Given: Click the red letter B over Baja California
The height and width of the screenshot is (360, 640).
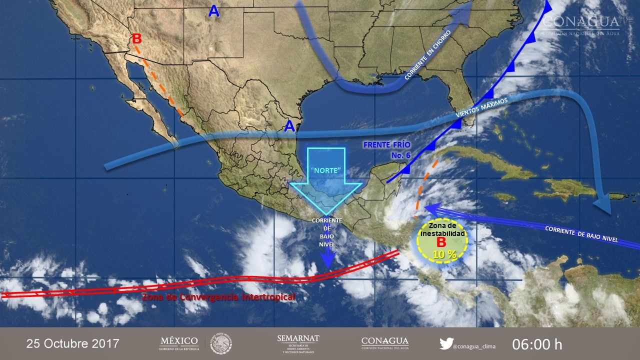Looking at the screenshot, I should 136,39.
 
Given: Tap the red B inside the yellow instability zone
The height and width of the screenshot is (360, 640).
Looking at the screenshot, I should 441,242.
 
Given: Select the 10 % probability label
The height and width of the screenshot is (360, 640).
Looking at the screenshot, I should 444,254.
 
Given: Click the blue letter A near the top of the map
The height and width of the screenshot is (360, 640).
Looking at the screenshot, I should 214,11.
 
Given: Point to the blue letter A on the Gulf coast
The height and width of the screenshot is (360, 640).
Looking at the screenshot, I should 289,126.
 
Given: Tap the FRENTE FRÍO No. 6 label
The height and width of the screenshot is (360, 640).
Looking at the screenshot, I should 387,149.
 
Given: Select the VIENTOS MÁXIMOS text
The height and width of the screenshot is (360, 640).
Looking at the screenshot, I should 482,108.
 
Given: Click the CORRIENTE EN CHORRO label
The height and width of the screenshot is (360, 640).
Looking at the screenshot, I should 428,55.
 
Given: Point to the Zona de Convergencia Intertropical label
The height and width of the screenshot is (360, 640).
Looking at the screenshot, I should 218,297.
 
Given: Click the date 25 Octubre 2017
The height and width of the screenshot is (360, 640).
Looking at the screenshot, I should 73,344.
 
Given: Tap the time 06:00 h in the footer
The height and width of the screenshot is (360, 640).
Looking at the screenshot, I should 537,344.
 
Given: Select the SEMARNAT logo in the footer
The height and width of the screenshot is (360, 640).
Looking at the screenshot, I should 298,343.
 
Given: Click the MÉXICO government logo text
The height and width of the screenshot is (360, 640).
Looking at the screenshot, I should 179,341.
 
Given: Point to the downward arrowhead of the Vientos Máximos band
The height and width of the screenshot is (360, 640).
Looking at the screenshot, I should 603,205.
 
